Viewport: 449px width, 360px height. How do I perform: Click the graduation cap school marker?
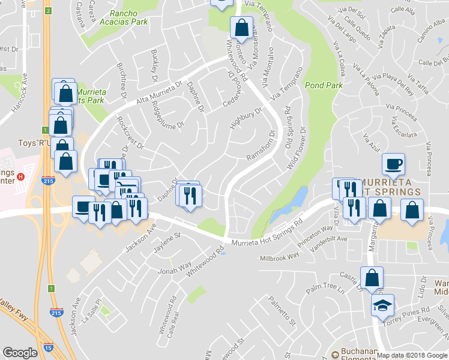[x=382, y=305]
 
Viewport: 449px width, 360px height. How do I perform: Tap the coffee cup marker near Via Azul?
[x=394, y=163]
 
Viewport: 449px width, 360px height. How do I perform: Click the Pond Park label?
[x=323, y=86]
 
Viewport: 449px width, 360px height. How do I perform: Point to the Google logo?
[x=20, y=352]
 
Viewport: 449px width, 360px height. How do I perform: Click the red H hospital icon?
[x=21, y=176]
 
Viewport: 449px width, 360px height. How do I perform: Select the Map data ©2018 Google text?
[x=412, y=355]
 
